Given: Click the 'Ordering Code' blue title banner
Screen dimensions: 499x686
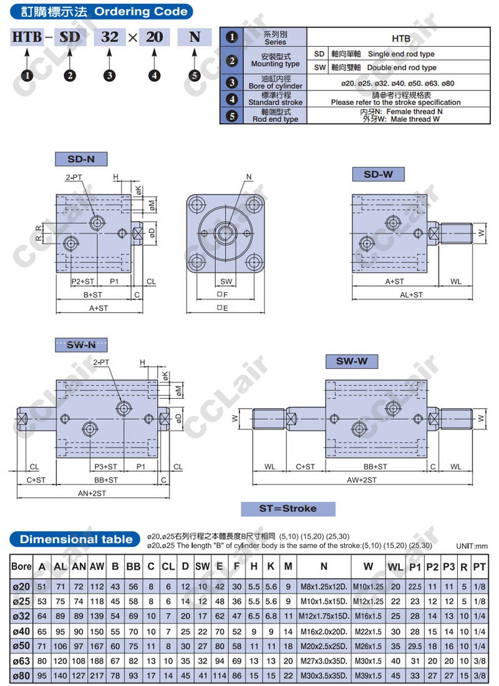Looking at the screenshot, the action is (x=101, y=11).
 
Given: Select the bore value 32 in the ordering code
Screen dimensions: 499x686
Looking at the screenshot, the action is (x=110, y=37).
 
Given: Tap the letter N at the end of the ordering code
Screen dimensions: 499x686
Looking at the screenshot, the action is (x=195, y=37).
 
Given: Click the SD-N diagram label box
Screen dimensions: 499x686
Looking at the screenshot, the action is (x=81, y=159).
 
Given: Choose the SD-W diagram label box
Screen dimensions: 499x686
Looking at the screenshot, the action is (x=378, y=174).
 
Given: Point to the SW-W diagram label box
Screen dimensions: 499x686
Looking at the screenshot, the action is (x=352, y=361).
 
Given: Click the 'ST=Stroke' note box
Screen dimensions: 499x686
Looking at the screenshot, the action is (x=288, y=509).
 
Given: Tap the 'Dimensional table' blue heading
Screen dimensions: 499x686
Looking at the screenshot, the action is (x=75, y=539).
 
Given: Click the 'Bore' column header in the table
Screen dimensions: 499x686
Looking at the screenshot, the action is (x=21, y=567).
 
